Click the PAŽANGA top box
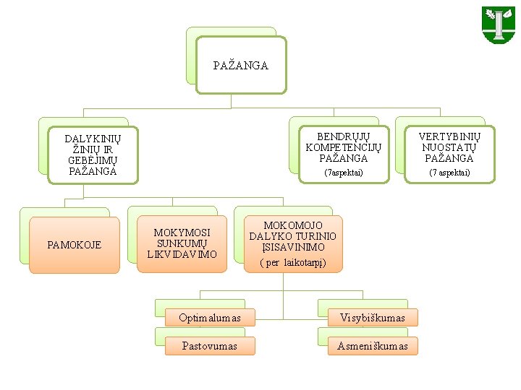pyautogui.click(x=241, y=66)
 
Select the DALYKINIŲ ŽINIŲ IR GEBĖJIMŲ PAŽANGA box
pyautogui.click(x=93, y=155)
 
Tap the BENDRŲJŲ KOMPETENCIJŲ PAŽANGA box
pyautogui.click(x=344, y=153)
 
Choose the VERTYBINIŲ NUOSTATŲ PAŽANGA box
pyautogui.click(x=449, y=153)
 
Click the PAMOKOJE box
pyautogui.click(x=74, y=245)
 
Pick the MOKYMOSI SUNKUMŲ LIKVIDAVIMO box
pyautogui.click(x=182, y=243)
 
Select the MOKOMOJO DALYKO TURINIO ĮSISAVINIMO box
pyautogui.click(x=293, y=243)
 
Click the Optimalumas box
pyautogui.click(x=210, y=318)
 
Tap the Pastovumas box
pyautogui.click(x=210, y=346)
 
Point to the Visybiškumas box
pyautogui.click(x=373, y=318)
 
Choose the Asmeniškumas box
pyautogui.click(x=373, y=346)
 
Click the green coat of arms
pyautogui.click(x=499, y=25)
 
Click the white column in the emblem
pyautogui.click(x=499, y=26)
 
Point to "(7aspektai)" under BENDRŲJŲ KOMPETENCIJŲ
pyautogui.click(x=344, y=173)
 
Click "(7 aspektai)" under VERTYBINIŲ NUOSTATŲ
pyautogui.click(x=449, y=173)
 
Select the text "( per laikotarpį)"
pyautogui.click(x=293, y=263)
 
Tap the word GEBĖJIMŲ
pyautogui.click(x=93, y=160)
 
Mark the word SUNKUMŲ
pyautogui.click(x=182, y=243)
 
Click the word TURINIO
pyautogui.click(x=317, y=236)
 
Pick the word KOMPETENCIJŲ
pyautogui.click(x=344, y=147)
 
